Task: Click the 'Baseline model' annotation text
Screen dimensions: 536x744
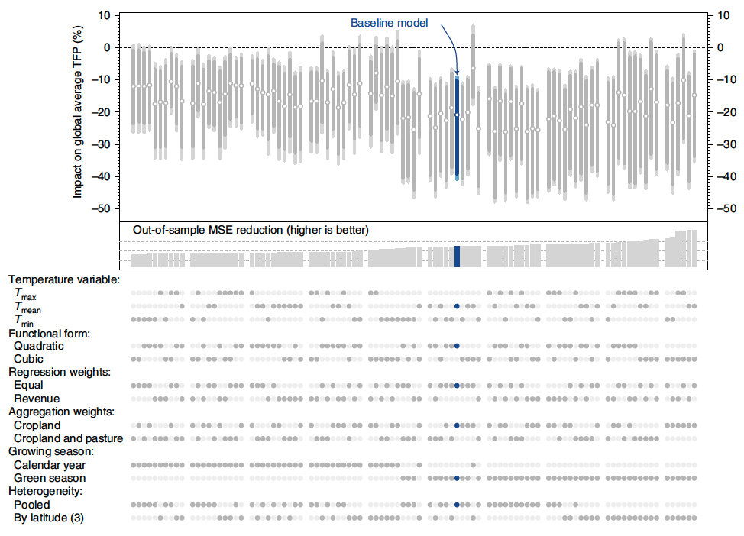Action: [x=389, y=23]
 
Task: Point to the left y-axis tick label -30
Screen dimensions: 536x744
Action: [x=101, y=144]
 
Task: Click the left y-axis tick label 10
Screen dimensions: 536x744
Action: [x=104, y=15]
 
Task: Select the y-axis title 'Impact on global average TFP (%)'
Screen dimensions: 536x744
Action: [x=77, y=111]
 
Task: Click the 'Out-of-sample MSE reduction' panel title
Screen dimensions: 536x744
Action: [x=251, y=229]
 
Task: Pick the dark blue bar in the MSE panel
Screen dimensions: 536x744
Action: [x=457, y=256]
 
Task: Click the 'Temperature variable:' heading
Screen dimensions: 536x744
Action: [x=64, y=279]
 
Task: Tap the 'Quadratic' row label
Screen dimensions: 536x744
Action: [x=39, y=346]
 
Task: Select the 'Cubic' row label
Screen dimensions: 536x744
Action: [x=28, y=359]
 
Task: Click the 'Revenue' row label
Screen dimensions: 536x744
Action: [x=37, y=399]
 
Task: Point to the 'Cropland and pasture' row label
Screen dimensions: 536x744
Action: [x=69, y=438]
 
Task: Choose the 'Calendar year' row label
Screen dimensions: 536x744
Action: [x=50, y=465]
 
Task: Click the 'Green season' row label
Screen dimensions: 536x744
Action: [x=50, y=478]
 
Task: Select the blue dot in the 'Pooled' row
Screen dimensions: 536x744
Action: [x=457, y=505]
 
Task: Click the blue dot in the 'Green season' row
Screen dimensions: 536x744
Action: [x=457, y=479]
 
